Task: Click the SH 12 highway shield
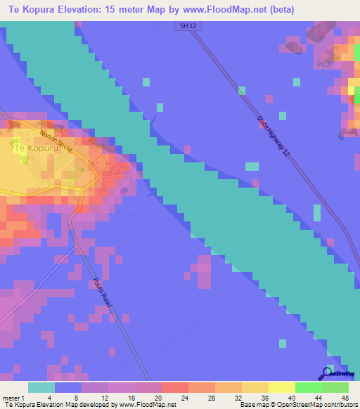pos(184,25)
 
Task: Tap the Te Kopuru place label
pos(34,148)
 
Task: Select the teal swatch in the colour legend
pos(41,387)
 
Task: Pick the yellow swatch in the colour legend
pos(282,387)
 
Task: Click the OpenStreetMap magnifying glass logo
pos(327,374)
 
